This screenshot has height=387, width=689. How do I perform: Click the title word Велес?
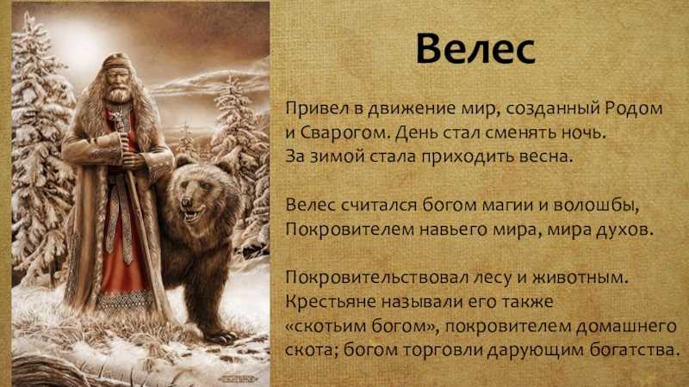click(475, 48)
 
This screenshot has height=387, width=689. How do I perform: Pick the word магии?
click(509, 205)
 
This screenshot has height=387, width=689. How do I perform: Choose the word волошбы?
click(595, 205)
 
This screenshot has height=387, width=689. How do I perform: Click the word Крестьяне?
click(331, 302)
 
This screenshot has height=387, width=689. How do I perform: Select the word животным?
click(580, 277)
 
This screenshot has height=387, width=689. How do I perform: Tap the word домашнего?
click(626, 326)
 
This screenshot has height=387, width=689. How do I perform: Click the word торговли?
click(444, 350)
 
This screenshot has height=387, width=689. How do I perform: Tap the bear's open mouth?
click(191, 215)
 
